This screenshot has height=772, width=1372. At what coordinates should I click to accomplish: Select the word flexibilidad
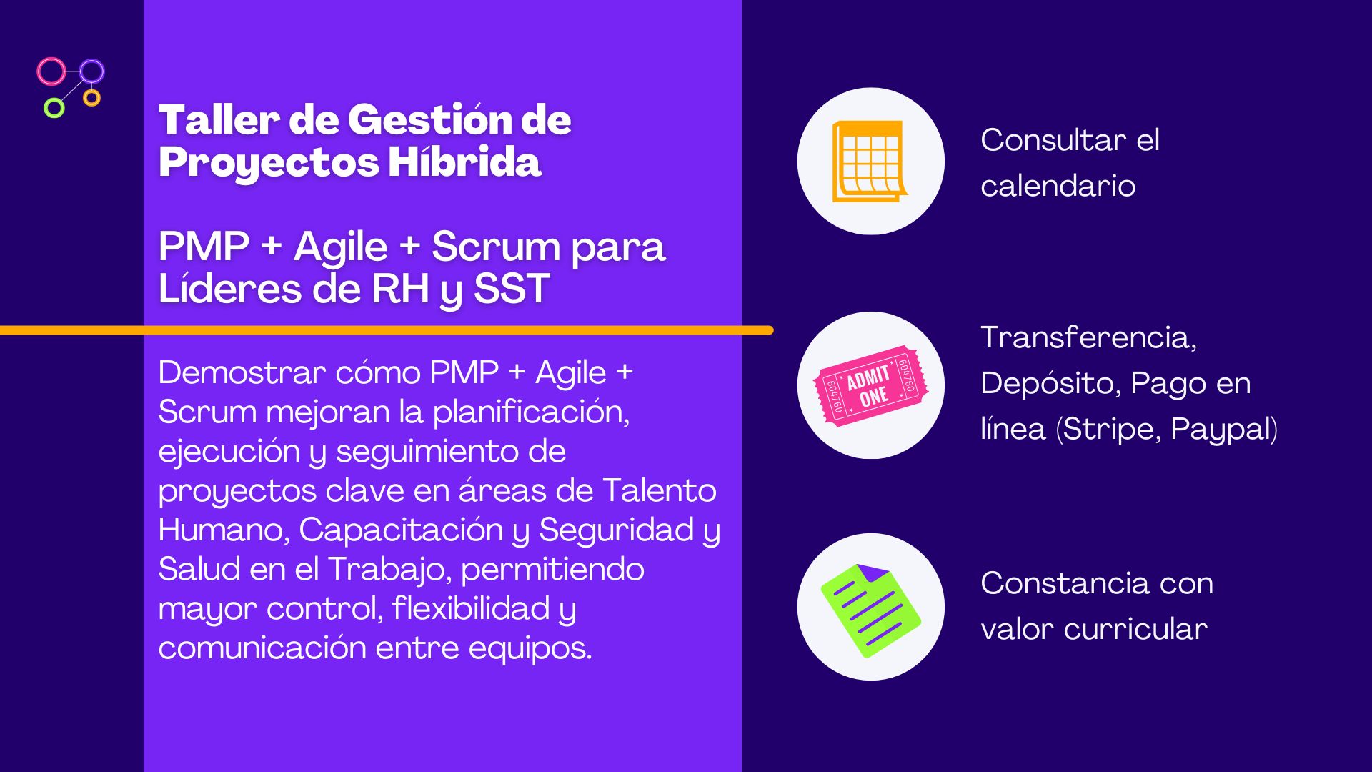coord(470,608)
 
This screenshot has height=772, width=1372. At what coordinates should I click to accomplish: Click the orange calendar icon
coord(870,161)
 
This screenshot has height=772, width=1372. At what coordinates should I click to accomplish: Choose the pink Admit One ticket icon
coord(871,385)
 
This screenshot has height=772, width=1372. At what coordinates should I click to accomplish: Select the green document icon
coord(870,610)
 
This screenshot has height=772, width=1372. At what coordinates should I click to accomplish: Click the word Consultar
coord(1053,140)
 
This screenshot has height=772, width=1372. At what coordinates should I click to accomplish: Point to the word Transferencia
coord(1088,337)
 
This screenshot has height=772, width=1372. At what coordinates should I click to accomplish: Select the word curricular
coord(1135,629)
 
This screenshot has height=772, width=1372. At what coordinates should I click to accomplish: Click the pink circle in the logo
coord(51,71)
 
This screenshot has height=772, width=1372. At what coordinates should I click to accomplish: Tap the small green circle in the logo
coord(54,108)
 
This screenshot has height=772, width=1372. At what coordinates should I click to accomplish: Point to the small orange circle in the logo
coord(91,97)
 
